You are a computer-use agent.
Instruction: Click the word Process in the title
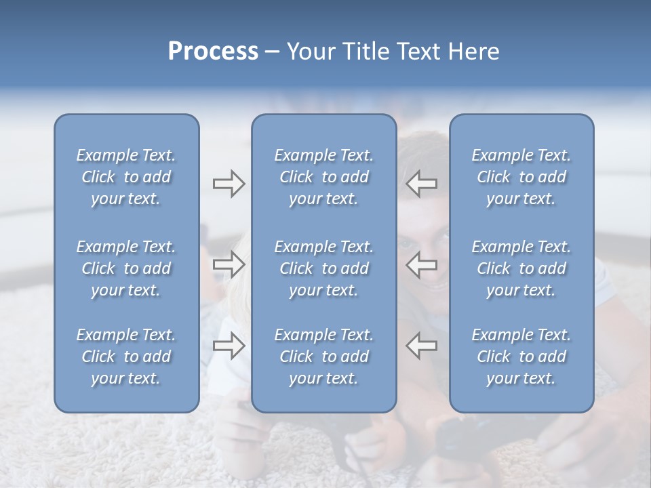(x=213, y=52)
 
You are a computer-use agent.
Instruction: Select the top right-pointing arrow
(x=229, y=184)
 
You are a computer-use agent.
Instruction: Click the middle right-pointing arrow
(x=229, y=265)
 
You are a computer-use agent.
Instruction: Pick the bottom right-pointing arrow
(x=229, y=346)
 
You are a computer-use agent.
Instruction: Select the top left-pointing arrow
(x=421, y=184)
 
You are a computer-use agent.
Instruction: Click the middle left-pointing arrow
(x=421, y=265)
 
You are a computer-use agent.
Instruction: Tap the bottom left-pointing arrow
(x=421, y=346)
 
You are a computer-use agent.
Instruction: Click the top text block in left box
(x=126, y=177)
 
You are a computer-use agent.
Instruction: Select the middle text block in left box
(x=126, y=268)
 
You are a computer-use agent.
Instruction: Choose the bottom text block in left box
(x=126, y=357)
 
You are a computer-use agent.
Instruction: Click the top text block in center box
(x=324, y=177)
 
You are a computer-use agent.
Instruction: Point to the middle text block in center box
(x=324, y=268)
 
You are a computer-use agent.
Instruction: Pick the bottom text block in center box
(x=324, y=357)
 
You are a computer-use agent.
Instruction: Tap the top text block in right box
(x=521, y=177)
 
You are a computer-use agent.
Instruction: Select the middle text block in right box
(x=521, y=268)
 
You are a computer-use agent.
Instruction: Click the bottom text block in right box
(x=521, y=357)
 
